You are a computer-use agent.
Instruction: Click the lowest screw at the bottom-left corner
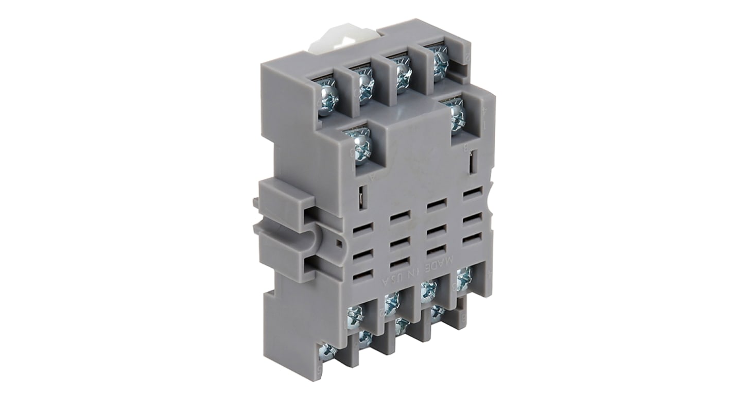point(327,351)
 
